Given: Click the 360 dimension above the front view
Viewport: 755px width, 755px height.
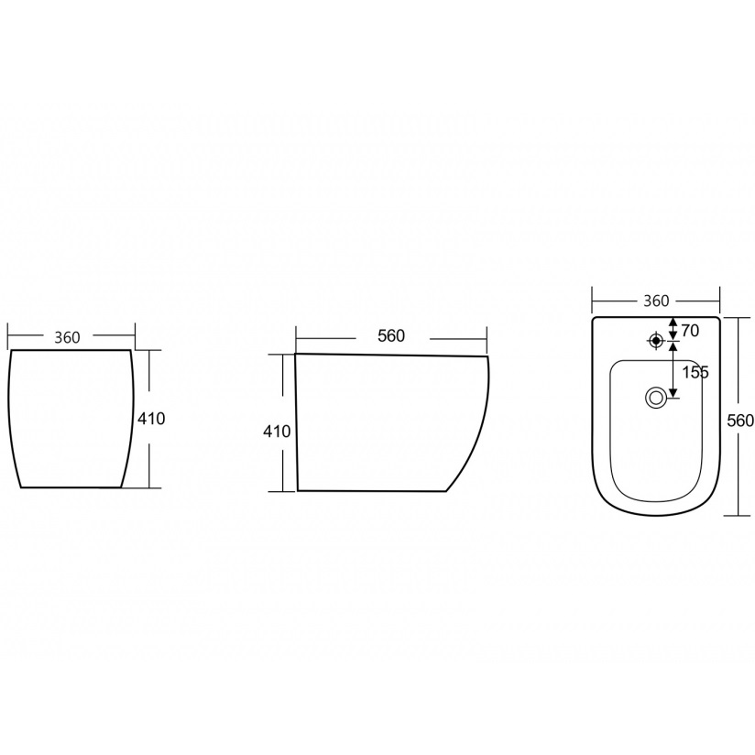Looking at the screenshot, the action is [67, 337].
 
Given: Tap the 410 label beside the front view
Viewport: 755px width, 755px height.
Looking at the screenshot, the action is [151, 419].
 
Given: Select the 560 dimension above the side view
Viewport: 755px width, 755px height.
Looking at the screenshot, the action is [391, 336].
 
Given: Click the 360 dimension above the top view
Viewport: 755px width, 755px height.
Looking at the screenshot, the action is [656, 301].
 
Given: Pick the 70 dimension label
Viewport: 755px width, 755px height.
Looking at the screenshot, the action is [690, 331].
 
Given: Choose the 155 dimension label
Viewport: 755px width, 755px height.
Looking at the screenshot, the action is [695, 372].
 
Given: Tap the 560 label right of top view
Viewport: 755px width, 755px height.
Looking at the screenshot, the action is [740, 421].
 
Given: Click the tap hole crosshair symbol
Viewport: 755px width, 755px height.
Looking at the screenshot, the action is [655, 341].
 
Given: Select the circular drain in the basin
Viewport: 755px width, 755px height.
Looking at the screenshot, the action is [655, 398].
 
